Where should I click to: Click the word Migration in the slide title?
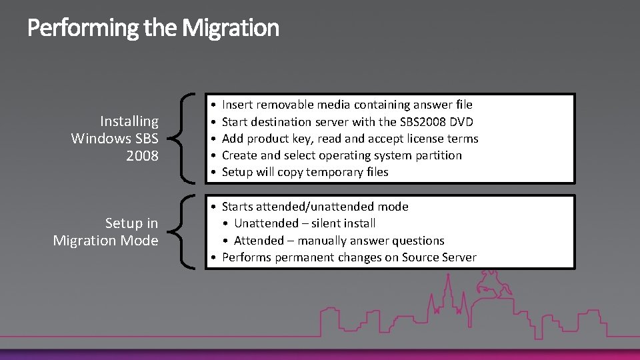point(230,28)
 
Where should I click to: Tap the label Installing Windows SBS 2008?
point(115,138)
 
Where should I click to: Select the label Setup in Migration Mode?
point(106,231)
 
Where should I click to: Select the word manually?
point(326,241)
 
